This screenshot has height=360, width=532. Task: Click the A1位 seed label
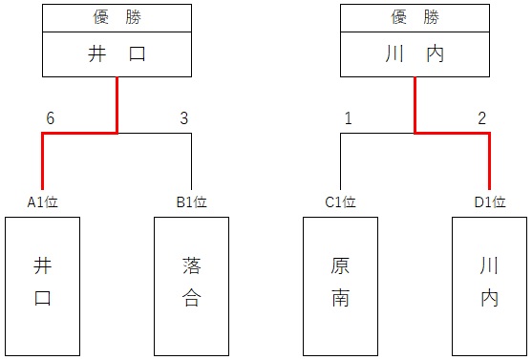coord(43,202)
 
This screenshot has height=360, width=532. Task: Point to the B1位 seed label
coord(191,202)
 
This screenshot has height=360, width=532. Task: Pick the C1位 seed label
coord(340,202)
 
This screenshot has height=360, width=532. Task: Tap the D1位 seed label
coord(488,202)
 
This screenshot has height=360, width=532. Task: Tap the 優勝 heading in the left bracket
coord(117,17)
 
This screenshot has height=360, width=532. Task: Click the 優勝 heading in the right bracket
coord(415,17)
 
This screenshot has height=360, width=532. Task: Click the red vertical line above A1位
coord(43,162)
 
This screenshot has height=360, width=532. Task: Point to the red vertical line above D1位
coord(489,162)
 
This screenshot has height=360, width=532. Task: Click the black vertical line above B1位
coord(191,162)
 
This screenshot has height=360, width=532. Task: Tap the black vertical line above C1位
coord(340,162)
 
